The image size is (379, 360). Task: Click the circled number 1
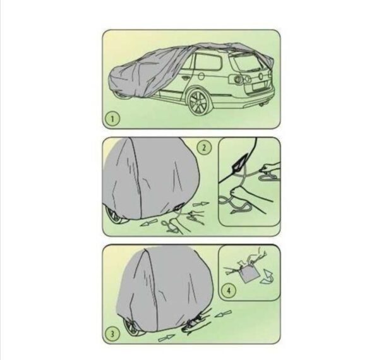[x=112, y=119]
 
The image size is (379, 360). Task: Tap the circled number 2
[x=204, y=147]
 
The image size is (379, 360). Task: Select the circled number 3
[x=112, y=334]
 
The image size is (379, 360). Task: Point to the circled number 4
[x=229, y=290]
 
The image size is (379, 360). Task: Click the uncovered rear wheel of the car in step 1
[x=198, y=102]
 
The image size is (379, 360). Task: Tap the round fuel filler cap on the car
[x=202, y=76]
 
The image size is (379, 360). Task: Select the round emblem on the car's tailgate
[x=260, y=76]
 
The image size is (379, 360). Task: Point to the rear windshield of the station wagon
[x=246, y=63]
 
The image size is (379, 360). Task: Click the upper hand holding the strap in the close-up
[x=271, y=169]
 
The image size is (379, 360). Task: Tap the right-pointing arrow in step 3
[x=167, y=337]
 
